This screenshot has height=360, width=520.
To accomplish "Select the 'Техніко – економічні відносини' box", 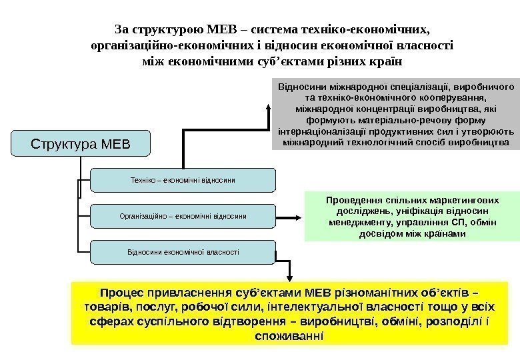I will [182, 180].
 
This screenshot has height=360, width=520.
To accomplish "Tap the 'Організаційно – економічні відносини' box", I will [182, 216].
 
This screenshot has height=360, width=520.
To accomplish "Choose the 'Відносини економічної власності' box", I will [182, 252].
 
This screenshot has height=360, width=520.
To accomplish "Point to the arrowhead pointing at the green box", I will [299, 217].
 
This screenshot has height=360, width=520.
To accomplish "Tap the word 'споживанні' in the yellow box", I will [289, 336].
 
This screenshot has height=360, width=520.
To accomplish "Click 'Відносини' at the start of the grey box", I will [299, 86].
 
